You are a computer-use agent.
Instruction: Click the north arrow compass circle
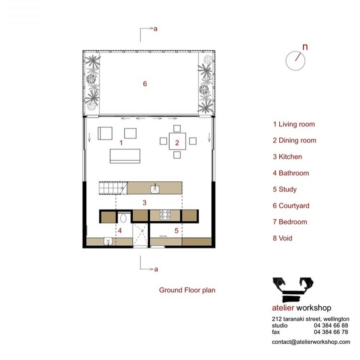pos(295,60)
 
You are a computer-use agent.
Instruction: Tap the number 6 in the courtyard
pos(145,84)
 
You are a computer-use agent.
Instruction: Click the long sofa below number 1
pos(125,156)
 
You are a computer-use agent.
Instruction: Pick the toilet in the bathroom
pos(124,219)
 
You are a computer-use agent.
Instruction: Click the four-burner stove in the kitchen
pos(166,215)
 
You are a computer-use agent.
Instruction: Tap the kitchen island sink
pos(155,189)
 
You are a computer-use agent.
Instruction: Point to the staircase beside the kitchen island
pos(113,188)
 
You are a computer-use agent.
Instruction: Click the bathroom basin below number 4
pos(108,241)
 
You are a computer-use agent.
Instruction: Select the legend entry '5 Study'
pos(285,189)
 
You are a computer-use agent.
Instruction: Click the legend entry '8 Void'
pos(283,238)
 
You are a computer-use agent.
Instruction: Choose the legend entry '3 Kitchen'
pos(287,157)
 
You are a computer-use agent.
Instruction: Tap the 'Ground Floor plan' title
pos(187,290)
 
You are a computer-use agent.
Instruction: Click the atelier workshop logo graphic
pos(293,289)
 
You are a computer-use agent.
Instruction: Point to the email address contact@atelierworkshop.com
pos(311,342)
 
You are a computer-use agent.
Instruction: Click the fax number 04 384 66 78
pos(331,332)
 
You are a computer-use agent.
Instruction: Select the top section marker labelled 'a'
pos(155,29)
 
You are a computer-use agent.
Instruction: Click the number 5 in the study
pos(176,231)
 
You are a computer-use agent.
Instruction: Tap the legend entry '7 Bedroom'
pos(290,222)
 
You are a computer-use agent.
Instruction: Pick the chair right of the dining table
pos(193,141)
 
